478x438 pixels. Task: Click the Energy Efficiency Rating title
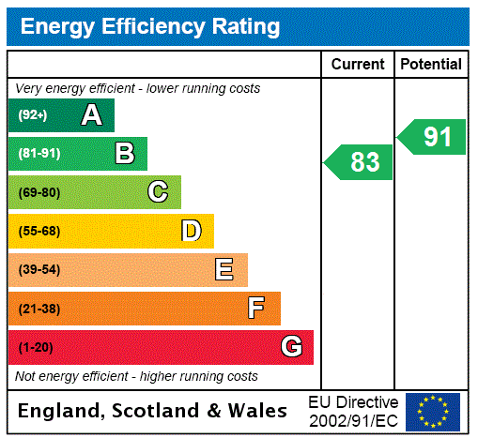coord(150,27)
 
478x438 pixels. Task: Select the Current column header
coord(358,64)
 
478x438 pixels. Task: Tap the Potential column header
coord(431,64)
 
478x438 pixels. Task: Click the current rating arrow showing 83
coord(360,162)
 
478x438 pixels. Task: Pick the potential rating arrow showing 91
coord(433,137)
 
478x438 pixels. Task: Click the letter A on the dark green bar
coord(91,115)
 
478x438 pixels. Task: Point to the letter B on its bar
coord(124,154)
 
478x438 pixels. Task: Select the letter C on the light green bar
coord(158,192)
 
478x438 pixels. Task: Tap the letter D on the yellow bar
coord(191,231)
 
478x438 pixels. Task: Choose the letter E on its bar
coord(224,270)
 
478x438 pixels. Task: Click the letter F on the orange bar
coord(256,309)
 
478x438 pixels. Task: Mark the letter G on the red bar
coord(291,347)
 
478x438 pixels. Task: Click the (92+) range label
coord(33,115)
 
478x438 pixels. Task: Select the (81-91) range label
coord(39,154)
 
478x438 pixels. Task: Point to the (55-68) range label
coord(39,231)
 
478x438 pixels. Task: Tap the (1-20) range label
coord(36,348)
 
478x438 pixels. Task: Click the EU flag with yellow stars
coord(433,412)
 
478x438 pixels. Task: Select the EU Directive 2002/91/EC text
coord(353,411)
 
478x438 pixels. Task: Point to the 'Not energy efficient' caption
coord(136,376)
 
